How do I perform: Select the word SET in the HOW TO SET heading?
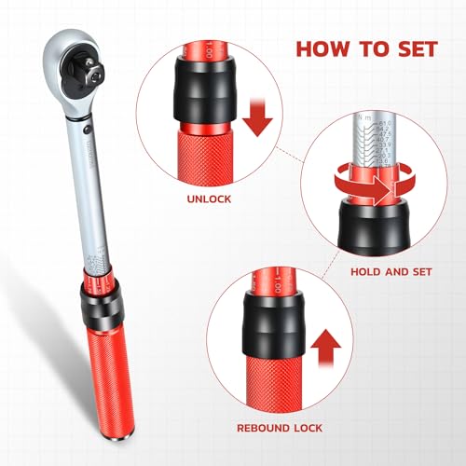(408, 48)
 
